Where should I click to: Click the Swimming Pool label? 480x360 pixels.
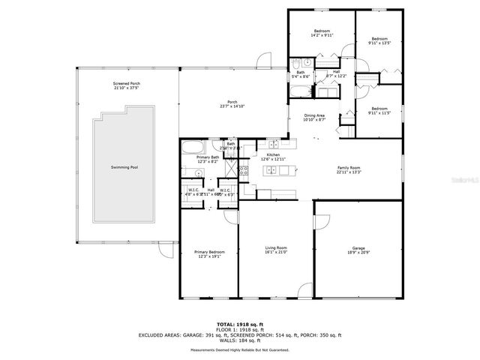(124, 167)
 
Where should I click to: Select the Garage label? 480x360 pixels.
(358, 247)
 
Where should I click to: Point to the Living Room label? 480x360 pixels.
(276, 247)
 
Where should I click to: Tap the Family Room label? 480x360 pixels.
(350, 168)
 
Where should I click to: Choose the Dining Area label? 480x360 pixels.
(314, 115)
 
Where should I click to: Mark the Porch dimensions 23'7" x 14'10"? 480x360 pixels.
(232, 106)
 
